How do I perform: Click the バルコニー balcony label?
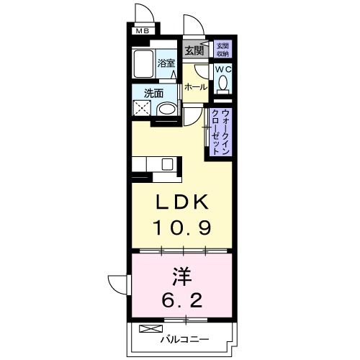tap(185, 339)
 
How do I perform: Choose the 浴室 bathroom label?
tap(166, 63)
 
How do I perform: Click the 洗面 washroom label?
tap(152, 93)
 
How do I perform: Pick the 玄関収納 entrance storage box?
tap(222, 49)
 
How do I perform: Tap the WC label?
tap(222, 71)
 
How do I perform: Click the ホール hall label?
tap(196, 87)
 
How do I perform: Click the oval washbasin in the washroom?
tap(167, 110)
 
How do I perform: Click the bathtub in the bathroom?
tap(144, 66)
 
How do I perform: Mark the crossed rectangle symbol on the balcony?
tap(147, 330)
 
